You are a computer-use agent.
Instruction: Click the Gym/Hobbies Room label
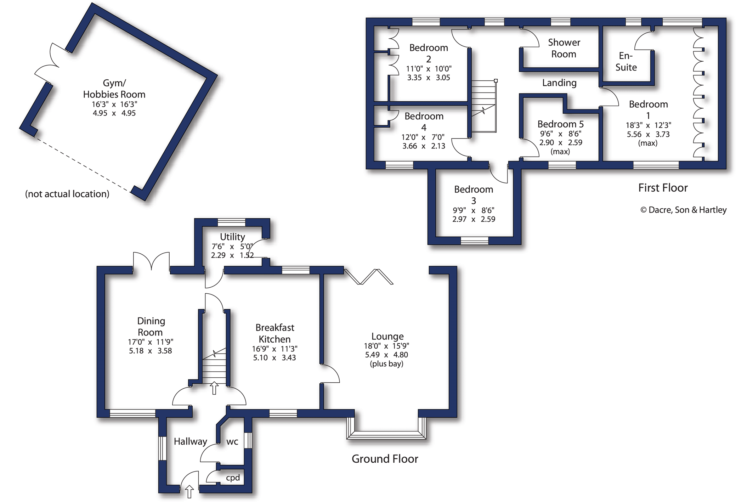click(x=114, y=89)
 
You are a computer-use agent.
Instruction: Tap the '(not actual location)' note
click(x=67, y=194)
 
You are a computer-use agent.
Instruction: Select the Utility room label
click(x=232, y=237)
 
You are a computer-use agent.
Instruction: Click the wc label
click(x=232, y=441)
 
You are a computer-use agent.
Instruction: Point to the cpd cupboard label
click(x=233, y=478)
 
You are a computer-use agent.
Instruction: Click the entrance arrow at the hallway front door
click(x=189, y=492)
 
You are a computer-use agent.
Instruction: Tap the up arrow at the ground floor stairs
click(x=214, y=388)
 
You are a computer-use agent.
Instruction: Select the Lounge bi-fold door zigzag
click(x=368, y=277)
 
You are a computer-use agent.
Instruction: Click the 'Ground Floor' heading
click(x=385, y=459)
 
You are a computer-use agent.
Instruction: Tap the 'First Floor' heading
click(x=663, y=188)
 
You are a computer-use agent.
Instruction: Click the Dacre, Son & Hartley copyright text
click(x=683, y=210)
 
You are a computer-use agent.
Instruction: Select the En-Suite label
click(x=626, y=61)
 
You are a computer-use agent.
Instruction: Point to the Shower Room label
click(x=564, y=48)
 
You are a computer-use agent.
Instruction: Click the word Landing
click(x=559, y=83)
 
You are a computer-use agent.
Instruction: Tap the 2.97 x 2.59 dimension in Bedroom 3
click(x=474, y=219)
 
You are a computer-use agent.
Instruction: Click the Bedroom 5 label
click(x=560, y=124)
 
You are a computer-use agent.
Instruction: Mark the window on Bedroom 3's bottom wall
click(x=474, y=241)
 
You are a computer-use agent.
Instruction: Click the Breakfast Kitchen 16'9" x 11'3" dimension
click(x=274, y=349)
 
